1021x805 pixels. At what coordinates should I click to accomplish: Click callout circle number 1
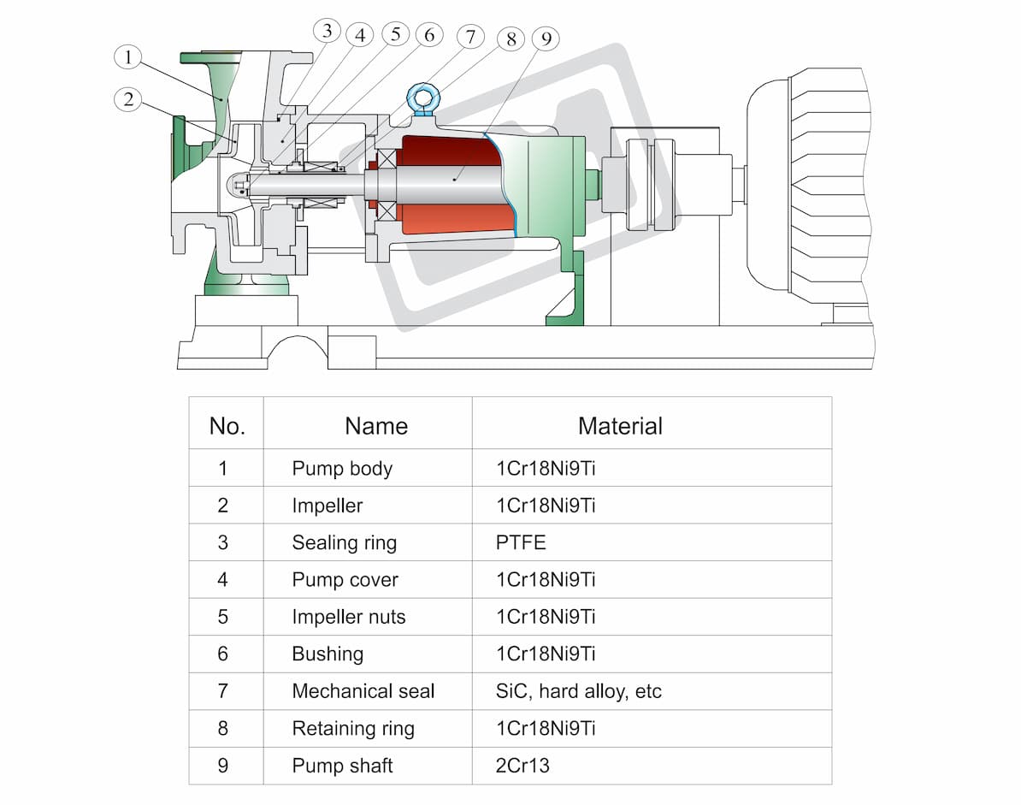tap(127, 57)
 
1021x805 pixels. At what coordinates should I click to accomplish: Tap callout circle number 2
tap(127, 99)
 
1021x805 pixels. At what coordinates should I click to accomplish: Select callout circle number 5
tap(395, 34)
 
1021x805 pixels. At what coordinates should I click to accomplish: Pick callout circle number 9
tap(546, 39)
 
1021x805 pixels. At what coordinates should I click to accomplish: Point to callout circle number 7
tap(470, 37)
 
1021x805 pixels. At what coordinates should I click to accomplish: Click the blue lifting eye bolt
tap(423, 99)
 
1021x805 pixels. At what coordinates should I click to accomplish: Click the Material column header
tap(620, 426)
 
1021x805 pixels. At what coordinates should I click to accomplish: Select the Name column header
tap(375, 426)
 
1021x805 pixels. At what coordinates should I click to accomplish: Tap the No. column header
tap(227, 426)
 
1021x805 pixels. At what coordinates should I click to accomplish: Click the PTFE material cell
tap(520, 542)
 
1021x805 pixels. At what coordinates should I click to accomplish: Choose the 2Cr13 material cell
tap(522, 766)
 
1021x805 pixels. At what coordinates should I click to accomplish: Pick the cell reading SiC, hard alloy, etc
tap(578, 691)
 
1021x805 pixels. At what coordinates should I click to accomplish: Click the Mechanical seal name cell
tap(363, 691)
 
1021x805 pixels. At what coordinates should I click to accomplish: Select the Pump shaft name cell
tap(342, 766)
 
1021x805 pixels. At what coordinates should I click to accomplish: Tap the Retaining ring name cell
tap(353, 729)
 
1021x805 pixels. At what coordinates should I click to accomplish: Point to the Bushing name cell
tap(328, 654)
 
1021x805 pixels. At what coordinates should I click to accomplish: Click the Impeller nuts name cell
tap(348, 617)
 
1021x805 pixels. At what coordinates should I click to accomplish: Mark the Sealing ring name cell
tap(344, 543)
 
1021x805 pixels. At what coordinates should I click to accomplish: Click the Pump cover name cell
tap(345, 580)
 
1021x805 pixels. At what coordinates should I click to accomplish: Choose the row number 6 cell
tap(222, 654)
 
